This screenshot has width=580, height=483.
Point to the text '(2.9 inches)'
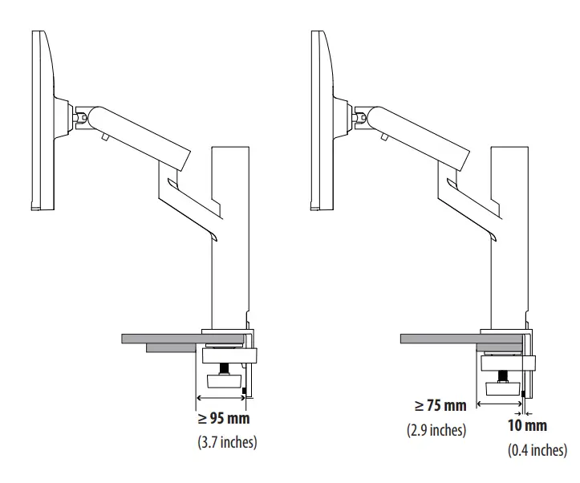pyautogui.click(x=436, y=429)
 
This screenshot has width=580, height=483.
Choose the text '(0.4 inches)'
pyautogui.click(x=537, y=450)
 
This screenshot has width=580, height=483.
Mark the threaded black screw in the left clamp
pyautogui.click(x=225, y=370)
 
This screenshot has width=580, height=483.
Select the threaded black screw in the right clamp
pyautogui.click(x=502, y=374)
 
